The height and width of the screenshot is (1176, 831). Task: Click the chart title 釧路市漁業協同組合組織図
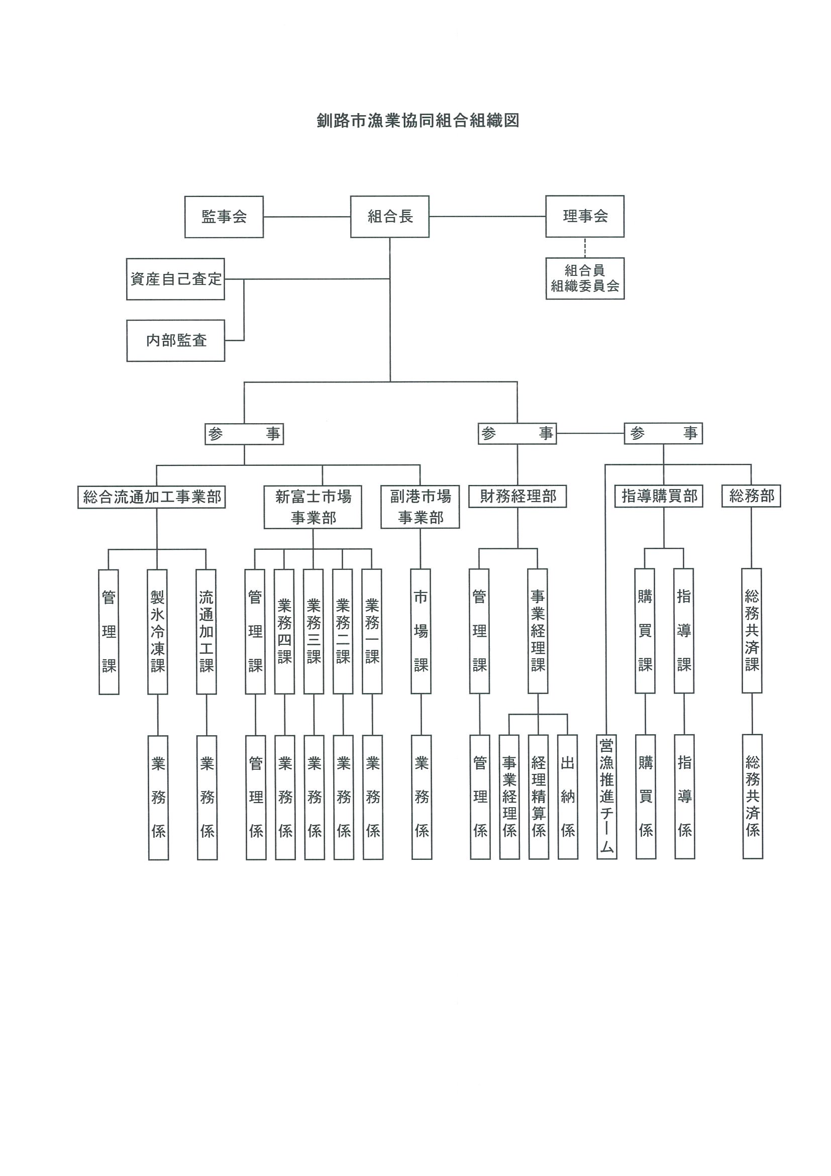[418, 121]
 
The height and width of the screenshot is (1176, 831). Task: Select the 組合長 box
[390, 217]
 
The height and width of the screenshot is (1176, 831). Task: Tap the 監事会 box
[224, 217]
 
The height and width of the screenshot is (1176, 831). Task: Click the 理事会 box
[585, 216]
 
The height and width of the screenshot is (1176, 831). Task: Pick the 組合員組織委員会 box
[585, 278]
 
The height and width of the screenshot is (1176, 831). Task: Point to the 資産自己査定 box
[176, 279]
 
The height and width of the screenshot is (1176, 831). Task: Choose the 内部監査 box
[176, 341]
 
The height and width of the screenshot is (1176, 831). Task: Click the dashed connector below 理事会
[585, 247]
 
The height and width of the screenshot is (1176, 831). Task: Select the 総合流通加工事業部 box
[152, 497]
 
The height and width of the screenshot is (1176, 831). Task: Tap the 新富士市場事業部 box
[313, 507]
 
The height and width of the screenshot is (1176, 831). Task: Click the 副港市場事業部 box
[420, 507]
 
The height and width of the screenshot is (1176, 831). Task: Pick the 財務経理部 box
[517, 497]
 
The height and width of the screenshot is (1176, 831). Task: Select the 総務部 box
[751, 496]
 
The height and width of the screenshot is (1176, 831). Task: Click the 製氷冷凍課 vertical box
[157, 632]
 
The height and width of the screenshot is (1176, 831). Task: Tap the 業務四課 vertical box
[284, 632]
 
